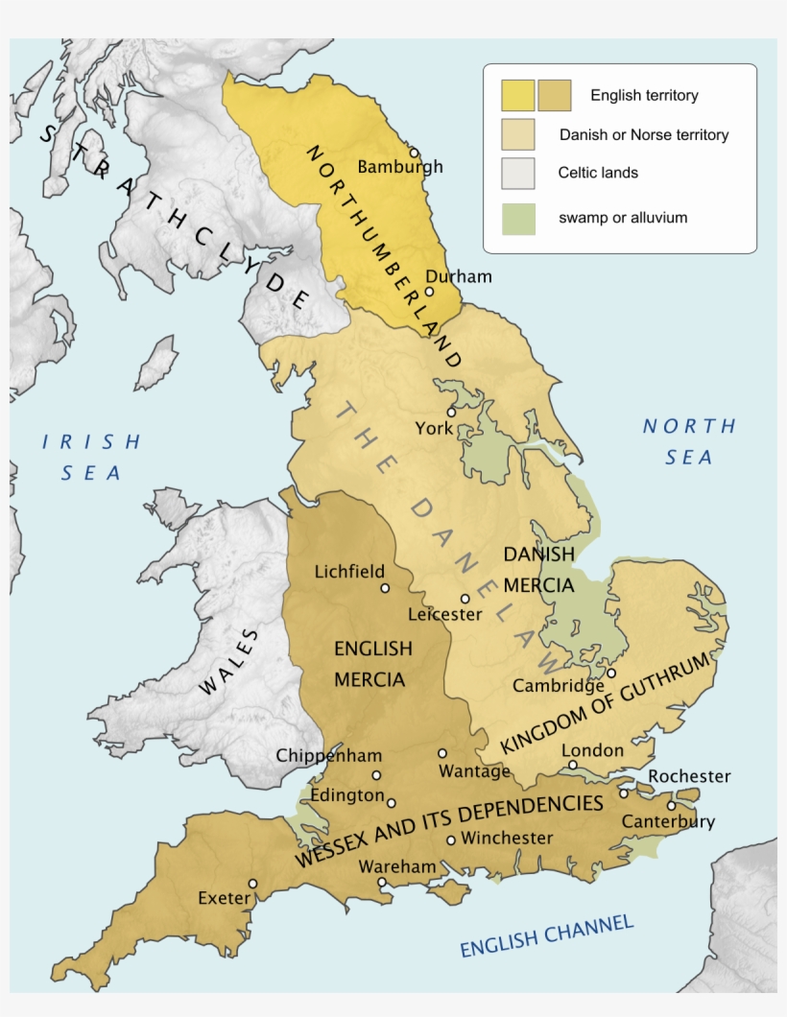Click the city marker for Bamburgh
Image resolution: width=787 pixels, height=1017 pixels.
pyautogui.click(x=415, y=152)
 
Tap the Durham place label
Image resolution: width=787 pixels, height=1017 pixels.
pyautogui.click(x=459, y=276)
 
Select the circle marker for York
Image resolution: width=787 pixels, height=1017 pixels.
pyautogui.click(x=450, y=412)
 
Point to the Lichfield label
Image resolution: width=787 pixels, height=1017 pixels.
pyautogui.click(x=349, y=571)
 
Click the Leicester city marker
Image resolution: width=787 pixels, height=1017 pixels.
pyautogui.click(x=465, y=598)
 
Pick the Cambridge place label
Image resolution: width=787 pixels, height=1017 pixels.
pyautogui.click(x=558, y=686)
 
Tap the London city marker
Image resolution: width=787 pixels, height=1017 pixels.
pyautogui.click(x=572, y=765)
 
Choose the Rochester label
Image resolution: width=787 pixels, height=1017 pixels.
pyautogui.click(x=689, y=776)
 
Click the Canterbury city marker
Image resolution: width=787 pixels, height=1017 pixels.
pyautogui.click(x=672, y=805)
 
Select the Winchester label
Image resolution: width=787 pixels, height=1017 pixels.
pyautogui.click(x=507, y=838)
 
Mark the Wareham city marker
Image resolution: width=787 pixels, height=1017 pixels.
pyautogui.click(x=382, y=882)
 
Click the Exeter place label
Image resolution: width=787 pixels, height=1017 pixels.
pyautogui.click(x=224, y=899)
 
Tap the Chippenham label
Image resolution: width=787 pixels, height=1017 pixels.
pyautogui.click(x=329, y=755)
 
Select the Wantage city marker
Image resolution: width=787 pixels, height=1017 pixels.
pyautogui.click(x=442, y=753)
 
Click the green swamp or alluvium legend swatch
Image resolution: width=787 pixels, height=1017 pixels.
pyautogui.click(x=517, y=218)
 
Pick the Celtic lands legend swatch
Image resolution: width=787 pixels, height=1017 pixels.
pyautogui.click(x=517, y=174)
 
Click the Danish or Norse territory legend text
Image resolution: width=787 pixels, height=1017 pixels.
pyautogui.click(x=644, y=135)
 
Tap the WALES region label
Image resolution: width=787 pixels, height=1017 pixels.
pyautogui.click(x=229, y=662)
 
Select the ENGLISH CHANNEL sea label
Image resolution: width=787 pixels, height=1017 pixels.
pyautogui.click(x=546, y=936)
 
